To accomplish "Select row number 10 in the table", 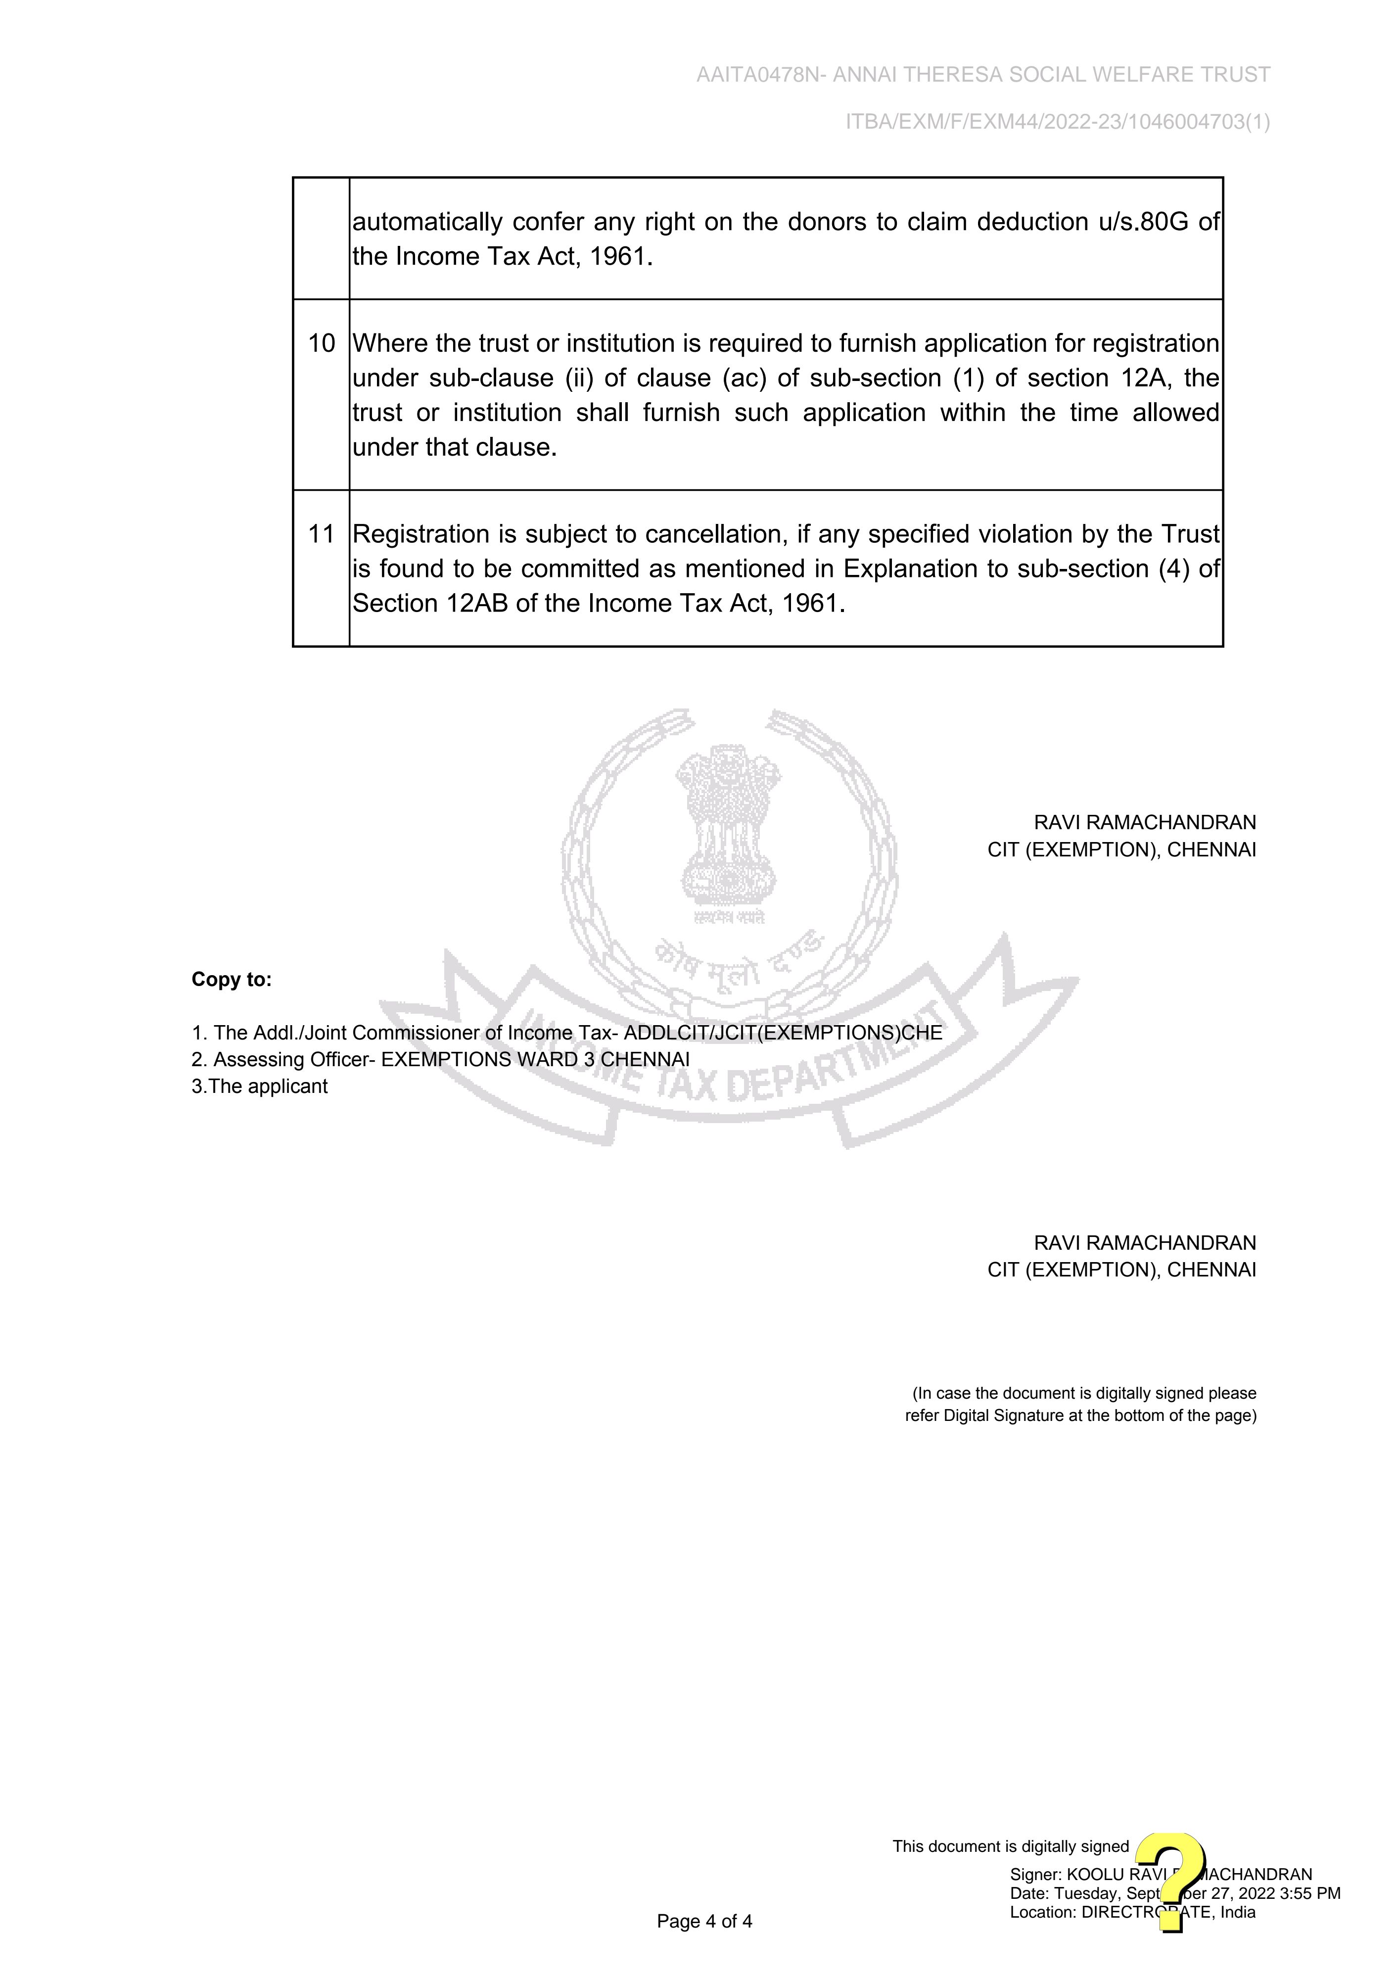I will click(322, 343).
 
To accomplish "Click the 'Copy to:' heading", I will click(231, 979).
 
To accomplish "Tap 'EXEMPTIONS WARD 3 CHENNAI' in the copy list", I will click(535, 1059).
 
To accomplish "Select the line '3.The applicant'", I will click(259, 1086).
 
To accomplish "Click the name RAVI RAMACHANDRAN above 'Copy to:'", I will click(1145, 822).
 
